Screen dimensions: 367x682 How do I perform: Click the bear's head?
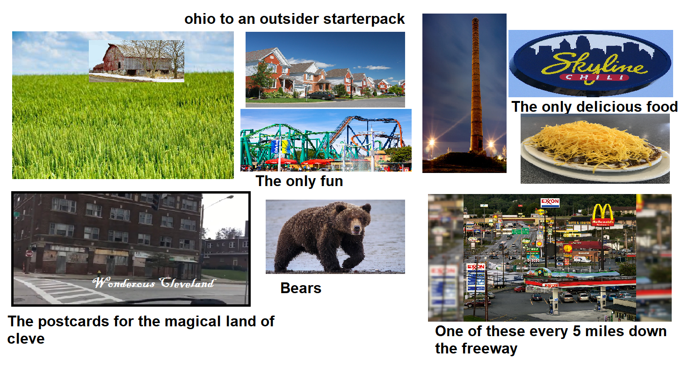pyautogui.click(x=356, y=219)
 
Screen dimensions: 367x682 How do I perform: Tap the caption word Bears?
pyautogui.click(x=301, y=288)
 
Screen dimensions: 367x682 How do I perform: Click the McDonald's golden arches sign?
pyautogui.click(x=602, y=214)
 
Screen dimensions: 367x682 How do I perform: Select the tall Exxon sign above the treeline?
pyautogui.click(x=550, y=202)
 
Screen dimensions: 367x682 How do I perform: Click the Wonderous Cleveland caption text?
pyautogui.click(x=154, y=283)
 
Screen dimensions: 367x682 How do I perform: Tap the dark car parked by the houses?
pyautogui.click(x=321, y=95)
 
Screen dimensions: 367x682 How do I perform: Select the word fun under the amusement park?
pyautogui.click(x=330, y=181)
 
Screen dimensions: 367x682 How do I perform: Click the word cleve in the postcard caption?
pyautogui.click(x=26, y=338)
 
